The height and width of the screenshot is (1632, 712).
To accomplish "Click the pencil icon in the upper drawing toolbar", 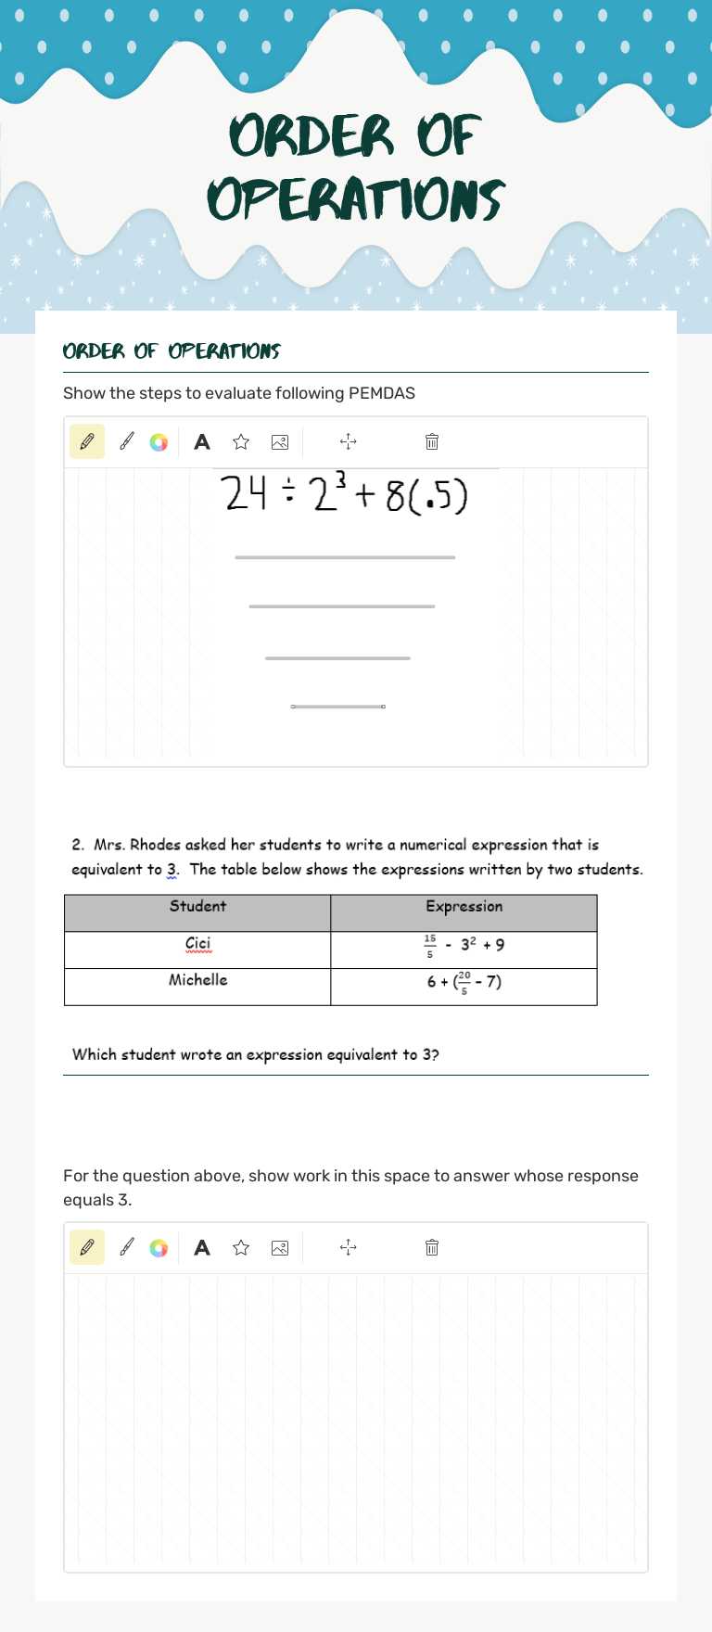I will click(x=87, y=442).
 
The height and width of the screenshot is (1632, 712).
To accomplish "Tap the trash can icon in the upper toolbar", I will click(x=432, y=442).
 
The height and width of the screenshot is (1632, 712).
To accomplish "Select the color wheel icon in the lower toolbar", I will click(x=159, y=1248).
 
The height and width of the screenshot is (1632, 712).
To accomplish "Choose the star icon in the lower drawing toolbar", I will click(x=241, y=1248).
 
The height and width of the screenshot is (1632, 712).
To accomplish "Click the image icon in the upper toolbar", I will click(x=280, y=442).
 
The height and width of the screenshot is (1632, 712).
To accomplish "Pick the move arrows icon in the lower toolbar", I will click(x=349, y=1248).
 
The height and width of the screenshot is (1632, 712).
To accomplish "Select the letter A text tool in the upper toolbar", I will click(x=202, y=442).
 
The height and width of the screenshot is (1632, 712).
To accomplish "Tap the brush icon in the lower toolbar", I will click(x=127, y=1248).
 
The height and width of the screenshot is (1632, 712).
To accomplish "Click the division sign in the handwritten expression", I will click(x=289, y=496).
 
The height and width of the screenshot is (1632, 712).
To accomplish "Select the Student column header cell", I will click(x=197, y=907).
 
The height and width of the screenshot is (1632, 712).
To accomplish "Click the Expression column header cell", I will click(x=464, y=907).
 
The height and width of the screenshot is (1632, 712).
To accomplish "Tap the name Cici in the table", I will click(x=197, y=944).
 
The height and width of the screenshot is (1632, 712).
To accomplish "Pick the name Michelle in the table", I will click(x=197, y=980).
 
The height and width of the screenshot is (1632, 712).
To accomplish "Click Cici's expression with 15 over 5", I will click(x=464, y=946).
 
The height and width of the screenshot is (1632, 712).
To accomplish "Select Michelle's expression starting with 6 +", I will click(x=464, y=982).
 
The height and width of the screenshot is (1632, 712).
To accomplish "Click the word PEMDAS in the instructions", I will click(x=381, y=393).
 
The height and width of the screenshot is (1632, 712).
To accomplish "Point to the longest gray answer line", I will click(x=345, y=557).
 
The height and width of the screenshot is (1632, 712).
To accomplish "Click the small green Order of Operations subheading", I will click(x=172, y=351).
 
